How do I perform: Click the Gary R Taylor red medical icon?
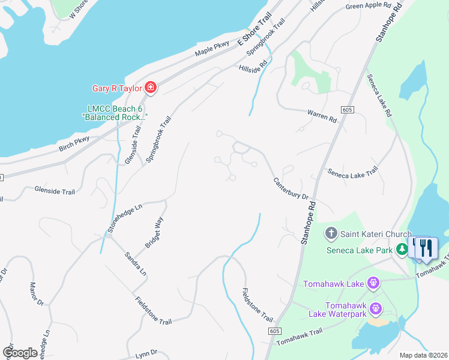tap(150, 89)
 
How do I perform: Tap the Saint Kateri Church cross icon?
tap(330, 233)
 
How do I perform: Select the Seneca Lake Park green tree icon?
tap(402, 249)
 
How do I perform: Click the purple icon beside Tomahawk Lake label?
tap(373, 283)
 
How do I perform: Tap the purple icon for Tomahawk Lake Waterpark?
tap(376, 309)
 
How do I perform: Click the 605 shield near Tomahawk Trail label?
tap(274, 331)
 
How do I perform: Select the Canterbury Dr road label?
tap(291, 188)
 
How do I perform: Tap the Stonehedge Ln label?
tap(125, 217)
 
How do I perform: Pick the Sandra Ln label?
tap(135, 263)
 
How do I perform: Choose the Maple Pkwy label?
tap(212, 49)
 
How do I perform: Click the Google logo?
tap(20, 353)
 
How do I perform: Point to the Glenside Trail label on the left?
tap(55, 191)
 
